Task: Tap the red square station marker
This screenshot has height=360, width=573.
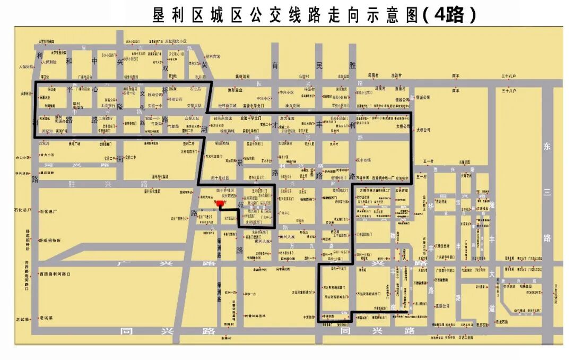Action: (220, 203)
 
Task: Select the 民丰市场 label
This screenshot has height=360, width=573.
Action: (363, 160)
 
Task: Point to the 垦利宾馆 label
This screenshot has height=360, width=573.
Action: (212, 56)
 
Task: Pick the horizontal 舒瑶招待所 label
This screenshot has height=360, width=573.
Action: (50, 240)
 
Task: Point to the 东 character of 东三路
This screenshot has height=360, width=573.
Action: (548, 147)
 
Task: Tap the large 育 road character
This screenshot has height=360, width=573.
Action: (275, 66)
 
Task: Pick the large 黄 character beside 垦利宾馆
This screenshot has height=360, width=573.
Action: (204, 66)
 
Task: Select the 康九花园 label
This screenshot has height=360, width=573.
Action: (293, 105)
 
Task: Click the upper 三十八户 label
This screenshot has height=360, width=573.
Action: (509, 76)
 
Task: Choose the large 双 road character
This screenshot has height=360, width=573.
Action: (166, 68)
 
